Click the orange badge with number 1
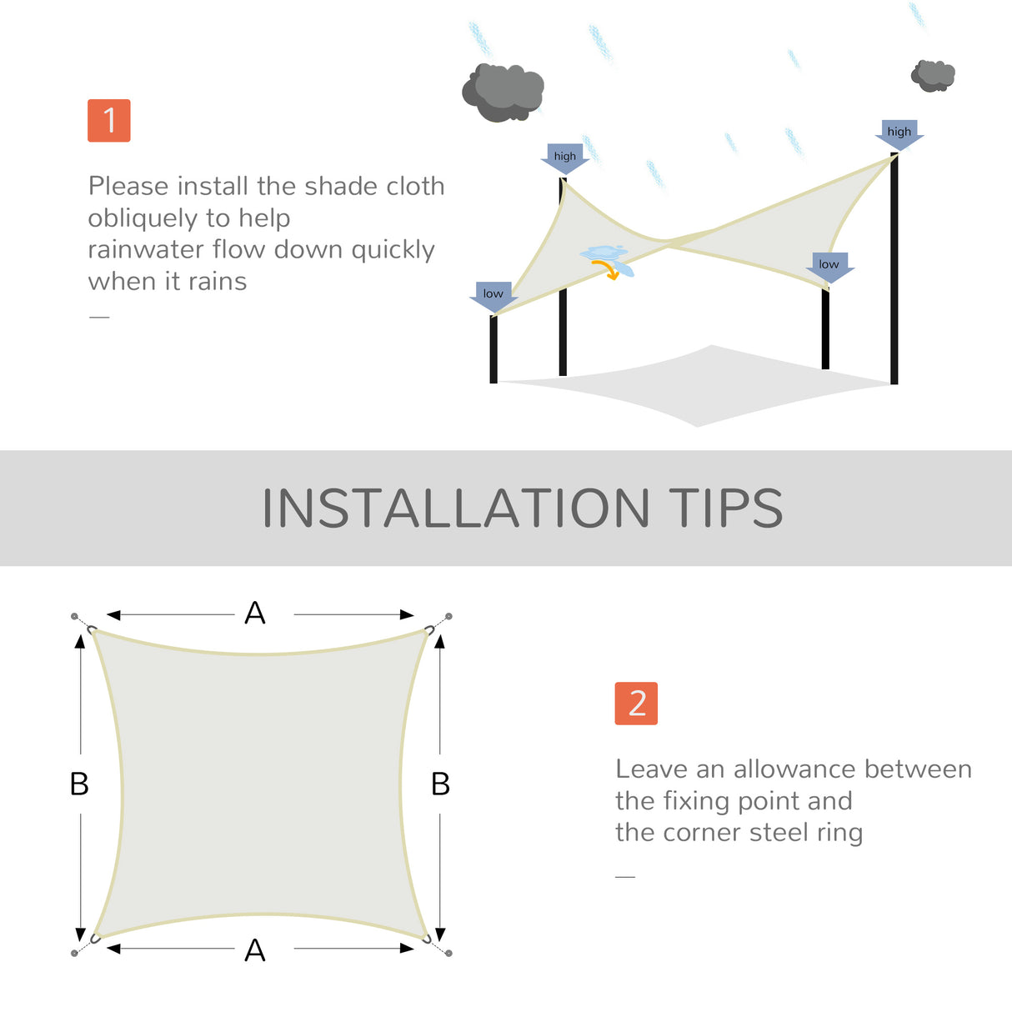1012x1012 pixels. click(109, 120)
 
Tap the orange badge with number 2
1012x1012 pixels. click(636, 703)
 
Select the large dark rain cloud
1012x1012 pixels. click(503, 92)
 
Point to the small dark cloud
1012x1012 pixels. click(933, 76)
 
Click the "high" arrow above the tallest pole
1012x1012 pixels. click(899, 133)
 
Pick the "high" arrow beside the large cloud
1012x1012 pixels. click(564, 158)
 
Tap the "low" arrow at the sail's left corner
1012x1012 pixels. click(493, 296)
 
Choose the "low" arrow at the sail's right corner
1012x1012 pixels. click(829, 266)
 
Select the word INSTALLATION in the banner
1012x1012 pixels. click(455, 509)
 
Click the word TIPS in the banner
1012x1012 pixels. click(725, 509)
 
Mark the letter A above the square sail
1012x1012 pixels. click(255, 614)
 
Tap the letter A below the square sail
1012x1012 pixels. click(255, 950)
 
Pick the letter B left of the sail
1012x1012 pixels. click(79, 784)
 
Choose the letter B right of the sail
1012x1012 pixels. click(440, 784)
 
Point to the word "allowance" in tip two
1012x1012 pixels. click(786, 769)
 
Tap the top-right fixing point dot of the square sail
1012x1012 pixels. click(448, 616)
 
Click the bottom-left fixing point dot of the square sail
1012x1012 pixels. click(74, 953)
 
